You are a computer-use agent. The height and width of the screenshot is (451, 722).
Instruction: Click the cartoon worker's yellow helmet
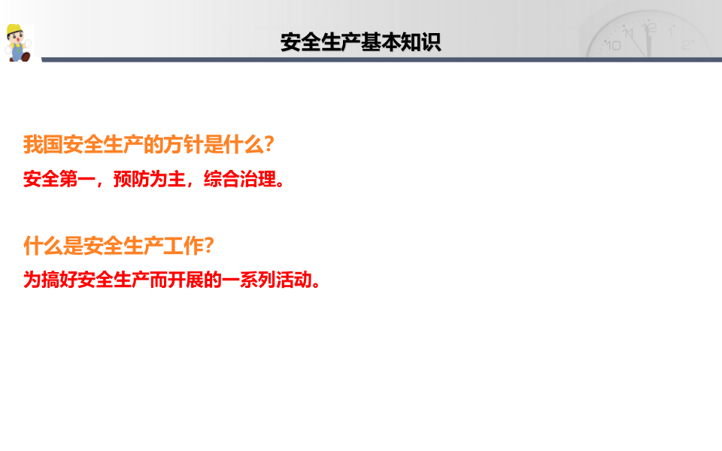(x=15, y=31)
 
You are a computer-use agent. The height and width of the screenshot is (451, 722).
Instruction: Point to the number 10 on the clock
(x=613, y=45)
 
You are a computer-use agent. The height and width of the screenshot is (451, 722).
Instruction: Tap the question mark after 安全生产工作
(x=210, y=245)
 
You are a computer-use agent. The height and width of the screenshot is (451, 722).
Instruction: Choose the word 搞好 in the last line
(x=60, y=280)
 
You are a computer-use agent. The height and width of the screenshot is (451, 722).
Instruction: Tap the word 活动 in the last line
(x=293, y=280)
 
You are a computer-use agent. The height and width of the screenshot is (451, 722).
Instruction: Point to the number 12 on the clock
(x=651, y=29)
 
